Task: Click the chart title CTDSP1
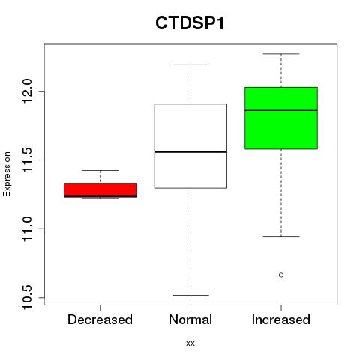coord(190,23)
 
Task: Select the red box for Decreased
coord(100,190)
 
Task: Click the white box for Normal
coord(190,146)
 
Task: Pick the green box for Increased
coord(281,118)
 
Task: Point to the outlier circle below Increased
coord(281,274)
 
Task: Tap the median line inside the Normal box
coord(190,151)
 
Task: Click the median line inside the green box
coord(281,110)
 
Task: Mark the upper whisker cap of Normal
coord(190,64)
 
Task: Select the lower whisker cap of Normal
coord(190,295)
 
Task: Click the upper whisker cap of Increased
coord(281,54)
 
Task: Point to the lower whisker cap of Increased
coord(281,236)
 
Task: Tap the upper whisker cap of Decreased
coord(100,170)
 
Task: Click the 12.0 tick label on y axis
coord(27,91)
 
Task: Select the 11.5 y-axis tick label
coord(27,160)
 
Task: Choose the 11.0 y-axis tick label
coord(27,229)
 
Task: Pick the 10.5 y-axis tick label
coord(27,298)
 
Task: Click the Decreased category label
coord(100,319)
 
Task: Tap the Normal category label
coord(190,319)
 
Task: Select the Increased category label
coord(281,319)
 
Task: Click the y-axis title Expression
coord(7,174)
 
